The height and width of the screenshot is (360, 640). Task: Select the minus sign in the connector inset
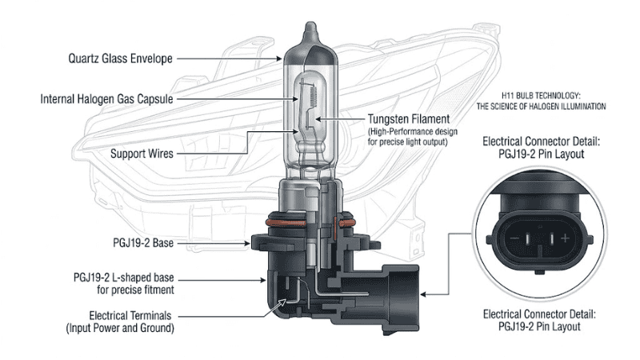point(517,239)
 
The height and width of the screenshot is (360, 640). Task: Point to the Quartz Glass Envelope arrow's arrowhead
point(280,58)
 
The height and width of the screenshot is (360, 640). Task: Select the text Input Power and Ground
point(132,327)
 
